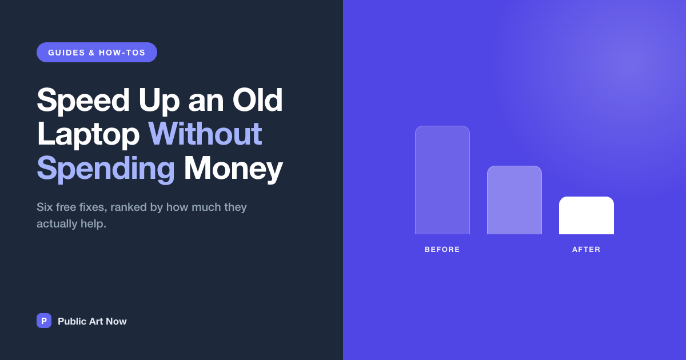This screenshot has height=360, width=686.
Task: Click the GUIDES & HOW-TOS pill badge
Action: coord(97,53)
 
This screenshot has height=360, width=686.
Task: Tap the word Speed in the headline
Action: coord(83,101)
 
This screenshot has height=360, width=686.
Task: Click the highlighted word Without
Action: coord(205,134)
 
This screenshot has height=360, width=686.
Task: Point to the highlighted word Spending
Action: coord(106,169)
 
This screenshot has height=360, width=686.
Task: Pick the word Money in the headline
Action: coord(233,169)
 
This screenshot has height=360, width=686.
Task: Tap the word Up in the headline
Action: coord(159,101)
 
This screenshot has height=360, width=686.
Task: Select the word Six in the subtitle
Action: coord(45,207)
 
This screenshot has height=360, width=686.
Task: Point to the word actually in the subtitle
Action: coord(57,224)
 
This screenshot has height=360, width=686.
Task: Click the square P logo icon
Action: coord(44,321)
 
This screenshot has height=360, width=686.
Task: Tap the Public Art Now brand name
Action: coord(92,321)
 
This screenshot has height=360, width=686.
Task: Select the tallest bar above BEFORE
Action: coord(442,180)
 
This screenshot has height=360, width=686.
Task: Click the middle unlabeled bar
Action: coord(514,200)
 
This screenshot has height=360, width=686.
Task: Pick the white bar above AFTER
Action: coord(587,215)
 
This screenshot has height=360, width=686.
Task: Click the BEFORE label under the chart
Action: coord(442,250)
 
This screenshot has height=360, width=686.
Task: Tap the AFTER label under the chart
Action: coord(586,250)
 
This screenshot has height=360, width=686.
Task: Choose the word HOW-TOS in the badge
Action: coord(122,53)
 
